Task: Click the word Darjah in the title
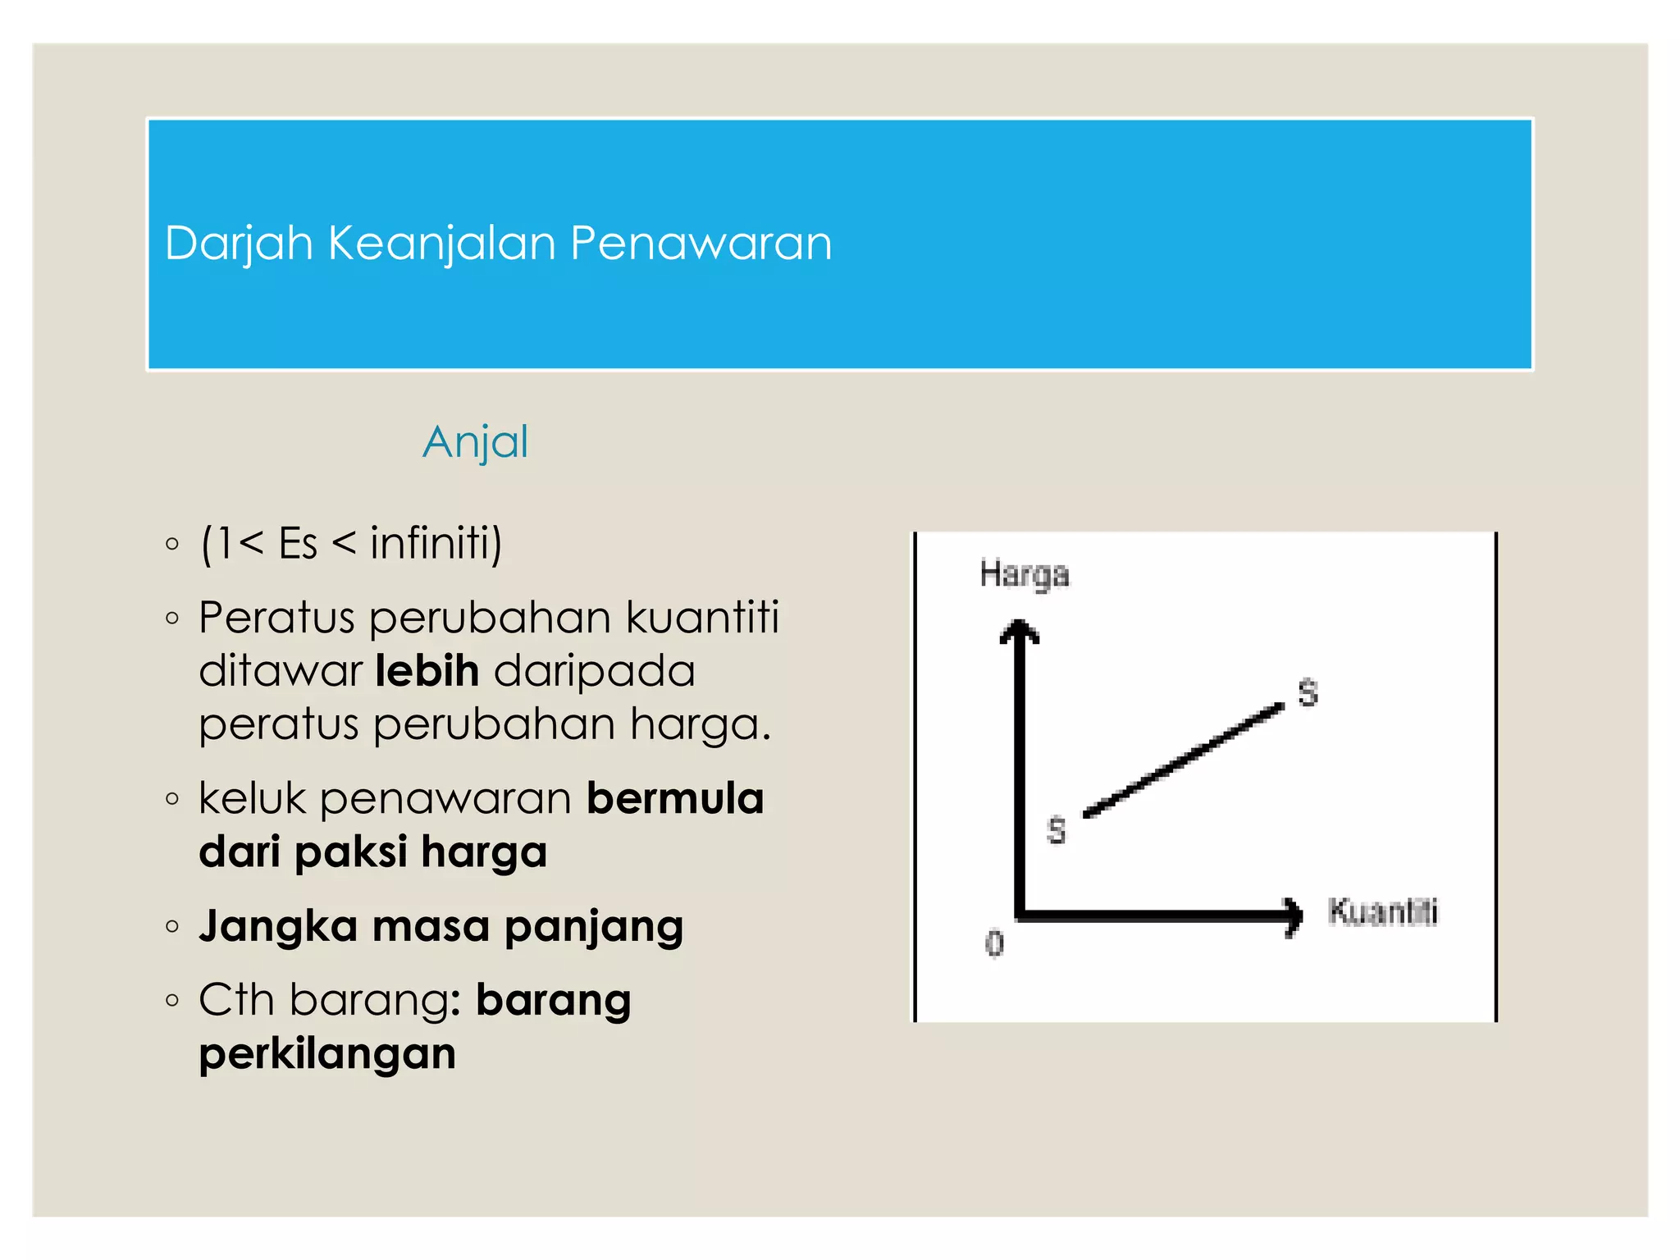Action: (239, 244)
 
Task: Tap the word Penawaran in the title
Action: (701, 244)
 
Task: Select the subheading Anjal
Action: (475, 442)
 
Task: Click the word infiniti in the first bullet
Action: (436, 543)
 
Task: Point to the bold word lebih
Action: (427, 671)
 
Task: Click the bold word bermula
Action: (675, 798)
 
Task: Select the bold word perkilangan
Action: (326, 1053)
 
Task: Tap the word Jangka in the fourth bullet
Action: (278, 926)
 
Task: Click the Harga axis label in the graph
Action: (1024, 574)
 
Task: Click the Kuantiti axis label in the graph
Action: (1382, 911)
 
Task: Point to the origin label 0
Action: (994, 943)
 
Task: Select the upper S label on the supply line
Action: (1308, 693)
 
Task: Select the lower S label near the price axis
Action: (1057, 830)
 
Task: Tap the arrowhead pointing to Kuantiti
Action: (1294, 915)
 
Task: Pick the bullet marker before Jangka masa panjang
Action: (171, 927)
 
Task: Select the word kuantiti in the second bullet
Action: (702, 618)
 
